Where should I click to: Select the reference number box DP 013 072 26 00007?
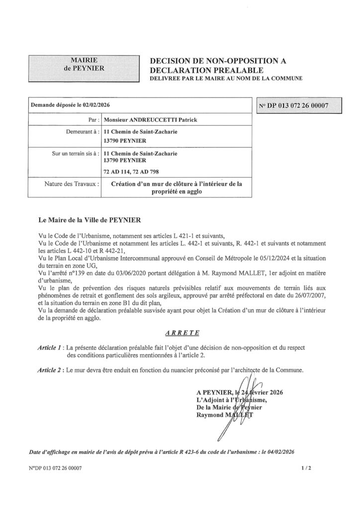[299, 105]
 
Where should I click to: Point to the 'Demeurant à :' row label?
[82, 132]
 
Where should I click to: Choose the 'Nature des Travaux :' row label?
[73, 184]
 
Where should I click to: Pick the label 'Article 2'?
[50, 370]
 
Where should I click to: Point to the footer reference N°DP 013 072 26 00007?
[56, 468]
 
